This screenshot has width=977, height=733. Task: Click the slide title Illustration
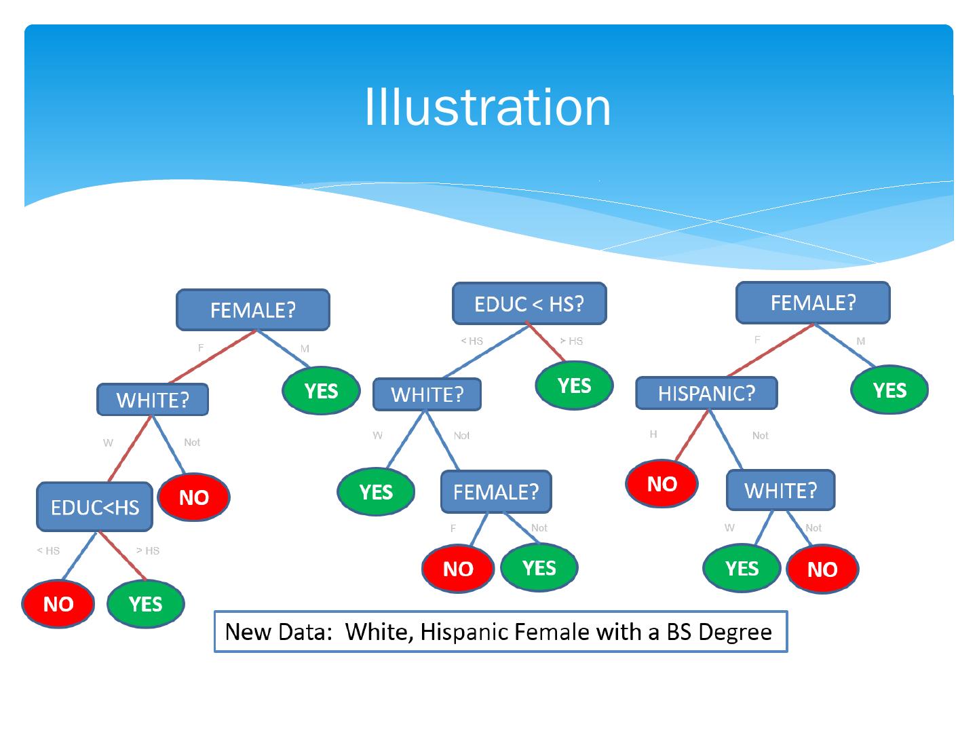[x=487, y=107]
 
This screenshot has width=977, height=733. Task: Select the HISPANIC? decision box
[x=706, y=393]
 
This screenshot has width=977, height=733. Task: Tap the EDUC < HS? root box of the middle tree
[x=529, y=303]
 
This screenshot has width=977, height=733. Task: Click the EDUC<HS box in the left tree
[x=94, y=507]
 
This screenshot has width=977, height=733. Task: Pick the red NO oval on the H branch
[x=662, y=484]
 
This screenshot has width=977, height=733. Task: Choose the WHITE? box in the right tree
[x=780, y=490]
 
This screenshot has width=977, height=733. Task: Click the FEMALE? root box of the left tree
[x=252, y=310]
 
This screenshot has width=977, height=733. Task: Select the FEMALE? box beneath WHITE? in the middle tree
[x=495, y=491]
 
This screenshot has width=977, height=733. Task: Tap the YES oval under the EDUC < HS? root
[x=574, y=386]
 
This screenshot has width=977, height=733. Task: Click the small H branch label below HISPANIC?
[x=653, y=434]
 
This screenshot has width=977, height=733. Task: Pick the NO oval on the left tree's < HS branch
[x=58, y=604]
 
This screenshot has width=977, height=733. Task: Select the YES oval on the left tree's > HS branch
[x=145, y=603]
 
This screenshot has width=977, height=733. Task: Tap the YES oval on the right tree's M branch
[x=889, y=390]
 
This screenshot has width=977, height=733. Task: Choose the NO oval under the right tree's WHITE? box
[x=822, y=569]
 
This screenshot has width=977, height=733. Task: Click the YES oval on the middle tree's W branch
[x=376, y=491]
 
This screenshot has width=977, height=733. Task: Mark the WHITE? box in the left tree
[x=153, y=400]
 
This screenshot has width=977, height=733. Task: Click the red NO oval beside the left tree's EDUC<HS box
[x=193, y=497]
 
